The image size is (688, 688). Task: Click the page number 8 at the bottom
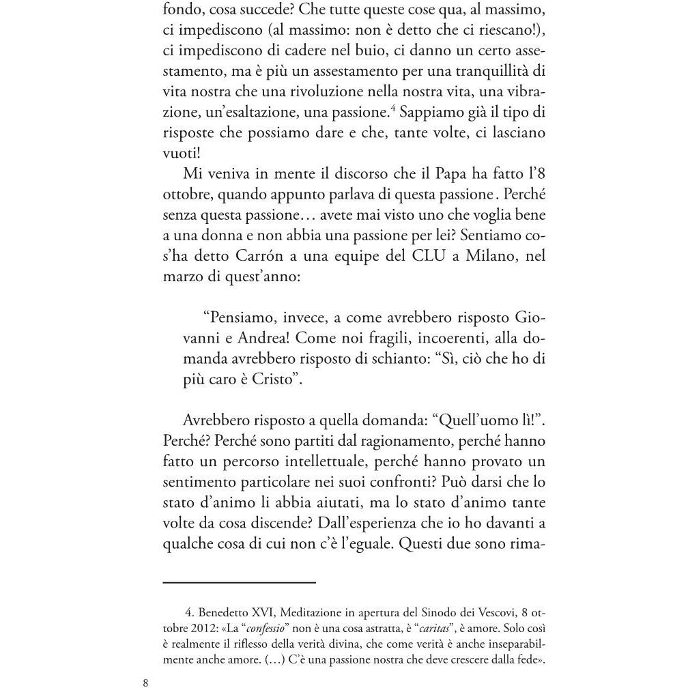point(145,682)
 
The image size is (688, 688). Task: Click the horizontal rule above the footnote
point(240,582)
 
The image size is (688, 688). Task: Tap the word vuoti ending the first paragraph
point(178,153)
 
